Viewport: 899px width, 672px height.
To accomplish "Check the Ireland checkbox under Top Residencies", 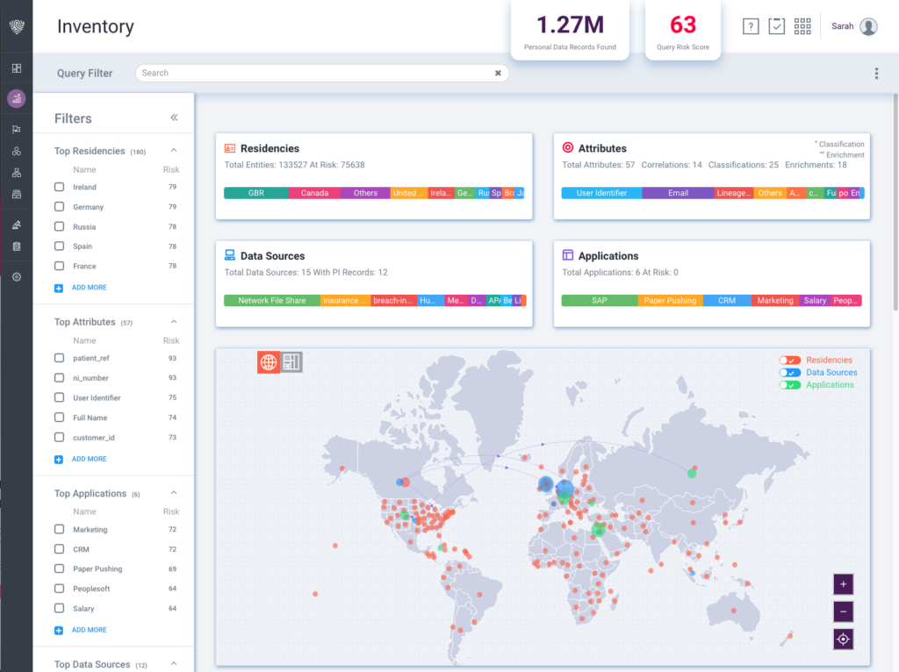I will [59, 187].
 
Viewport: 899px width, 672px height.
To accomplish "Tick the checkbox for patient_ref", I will [59, 358].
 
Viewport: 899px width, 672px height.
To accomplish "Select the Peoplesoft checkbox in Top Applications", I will [59, 589].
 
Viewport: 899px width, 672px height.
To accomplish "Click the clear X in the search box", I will [498, 73].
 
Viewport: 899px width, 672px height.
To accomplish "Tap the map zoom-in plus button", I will [843, 583].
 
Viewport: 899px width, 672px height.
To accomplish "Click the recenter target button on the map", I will [843, 639].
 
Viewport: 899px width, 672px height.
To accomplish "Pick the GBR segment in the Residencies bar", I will [255, 193].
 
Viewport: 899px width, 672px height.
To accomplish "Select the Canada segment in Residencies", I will [314, 193].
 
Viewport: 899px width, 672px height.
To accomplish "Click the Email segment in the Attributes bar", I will [678, 193].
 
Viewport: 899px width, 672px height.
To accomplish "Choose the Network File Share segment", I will [272, 300].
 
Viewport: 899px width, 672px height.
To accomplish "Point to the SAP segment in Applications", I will [599, 300].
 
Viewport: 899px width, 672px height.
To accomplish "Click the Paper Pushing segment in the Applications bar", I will [670, 300].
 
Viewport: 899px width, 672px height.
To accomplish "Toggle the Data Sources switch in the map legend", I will [790, 373].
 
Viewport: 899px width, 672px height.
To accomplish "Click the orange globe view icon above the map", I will [269, 361].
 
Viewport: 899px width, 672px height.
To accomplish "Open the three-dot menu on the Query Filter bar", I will [876, 74].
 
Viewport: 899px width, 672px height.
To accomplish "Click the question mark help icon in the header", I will [750, 26].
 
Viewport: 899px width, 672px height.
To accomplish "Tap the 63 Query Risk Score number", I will [683, 25].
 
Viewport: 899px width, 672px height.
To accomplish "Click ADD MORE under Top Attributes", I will [89, 459].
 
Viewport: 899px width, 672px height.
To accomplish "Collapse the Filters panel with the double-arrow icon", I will [174, 118].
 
